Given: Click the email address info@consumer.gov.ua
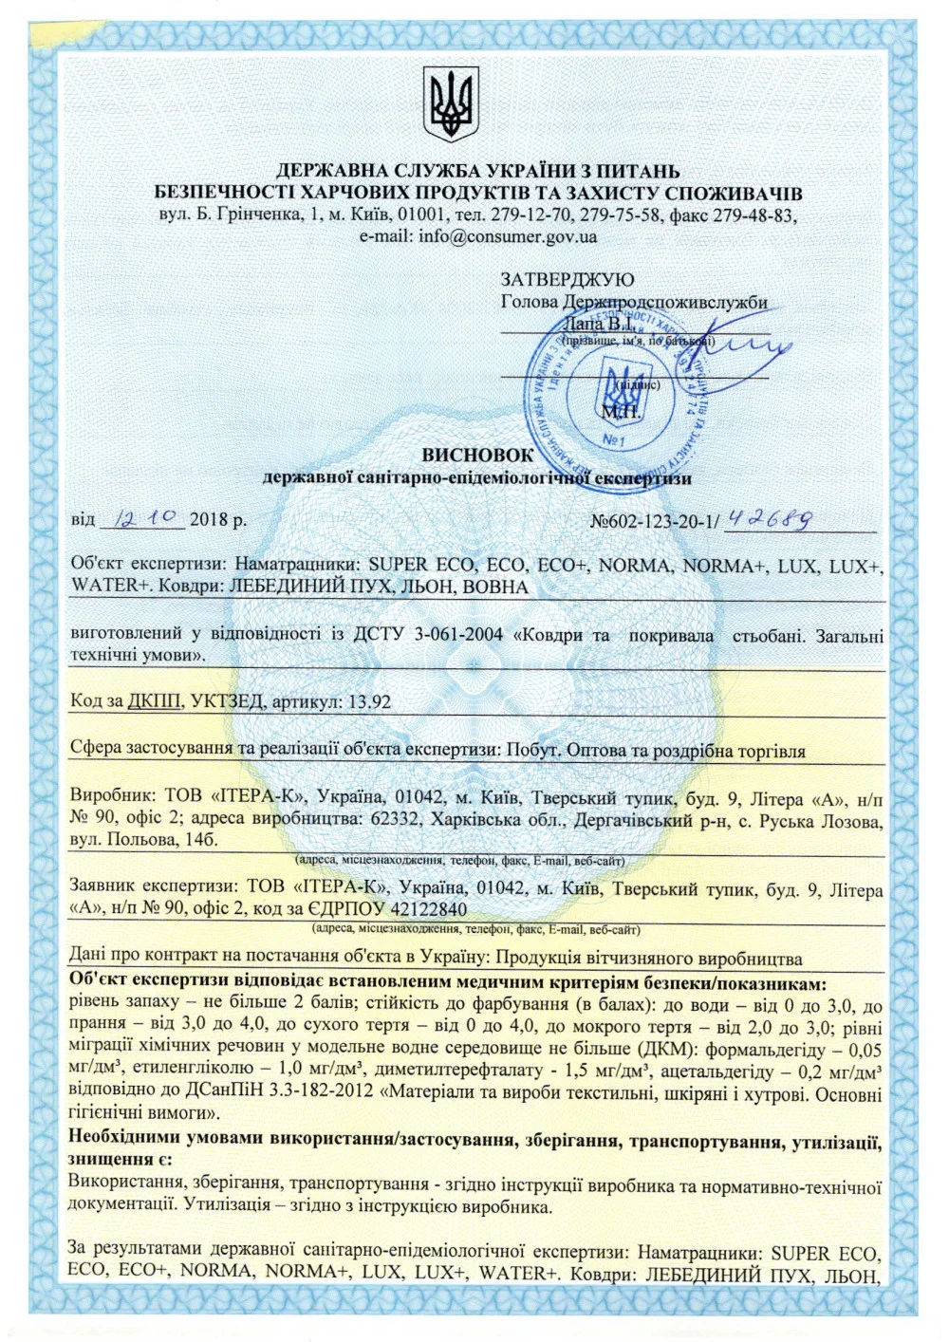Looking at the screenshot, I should tap(508, 236).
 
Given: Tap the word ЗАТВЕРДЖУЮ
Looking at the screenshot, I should tap(568, 280).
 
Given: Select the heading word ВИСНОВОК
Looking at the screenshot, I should tap(477, 456).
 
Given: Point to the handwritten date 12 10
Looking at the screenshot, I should tap(145, 518).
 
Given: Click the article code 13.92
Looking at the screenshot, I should tap(369, 702).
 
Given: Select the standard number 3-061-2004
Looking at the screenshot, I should tap(458, 635).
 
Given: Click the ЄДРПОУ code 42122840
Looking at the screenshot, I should tap(426, 909).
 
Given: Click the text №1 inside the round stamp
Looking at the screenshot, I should tap(614, 440).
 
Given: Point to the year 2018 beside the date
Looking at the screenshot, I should tap(209, 520).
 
